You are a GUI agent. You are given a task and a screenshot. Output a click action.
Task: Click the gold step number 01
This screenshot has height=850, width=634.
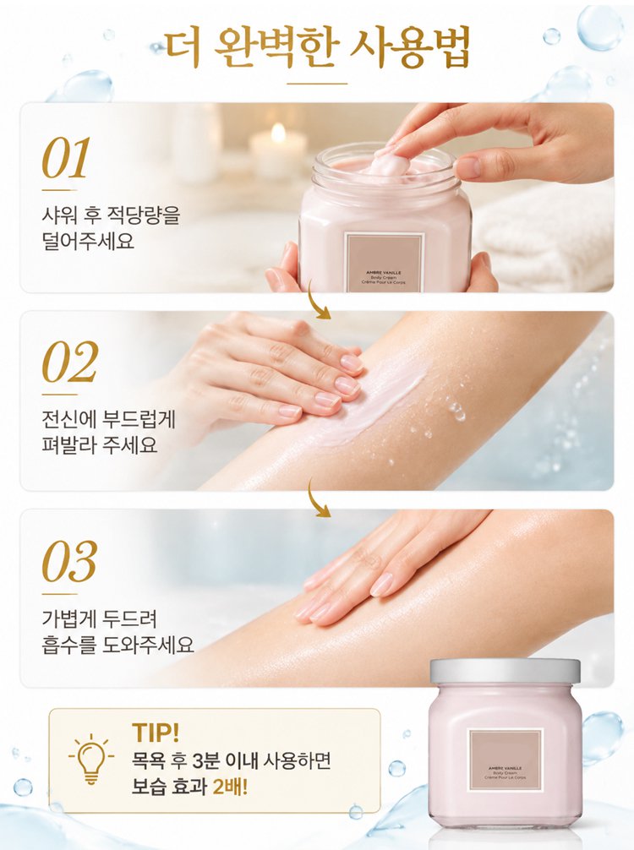pyautogui.click(x=66, y=158)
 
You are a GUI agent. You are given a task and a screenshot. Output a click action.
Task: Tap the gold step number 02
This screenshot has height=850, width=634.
pyautogui.click(x=69, y=362)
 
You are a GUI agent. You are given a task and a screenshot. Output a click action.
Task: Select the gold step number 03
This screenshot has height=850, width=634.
pyautogui.click(x=69, y=561)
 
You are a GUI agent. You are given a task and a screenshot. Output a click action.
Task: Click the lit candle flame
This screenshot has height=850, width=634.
pyautogui.click(x=278, y=133)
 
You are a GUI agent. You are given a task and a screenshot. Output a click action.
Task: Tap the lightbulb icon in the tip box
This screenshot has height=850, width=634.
pyautogui.click(x=91, y=759)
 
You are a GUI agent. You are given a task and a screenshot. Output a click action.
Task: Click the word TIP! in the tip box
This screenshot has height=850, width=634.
pyautogui.click(x=156, y=733)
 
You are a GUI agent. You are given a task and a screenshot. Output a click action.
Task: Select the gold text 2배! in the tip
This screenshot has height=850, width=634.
pyautogui.click(x=230, y=787)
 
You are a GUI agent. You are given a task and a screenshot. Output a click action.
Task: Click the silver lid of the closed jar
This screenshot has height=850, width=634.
pyautogui.click(x=505, y=671)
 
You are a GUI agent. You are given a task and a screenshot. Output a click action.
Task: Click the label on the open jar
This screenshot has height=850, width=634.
pyautogui.click(x=384, y=263)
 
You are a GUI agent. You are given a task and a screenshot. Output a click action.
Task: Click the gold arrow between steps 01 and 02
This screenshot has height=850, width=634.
pyautogui.click(x=318, y=300)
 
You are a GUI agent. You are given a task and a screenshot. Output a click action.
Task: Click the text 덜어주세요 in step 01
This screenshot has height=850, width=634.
pyautogui.click(x=88, y=241)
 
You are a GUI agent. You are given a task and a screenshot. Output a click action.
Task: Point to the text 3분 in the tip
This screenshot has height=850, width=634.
pyautogui.click(x=205, y=760)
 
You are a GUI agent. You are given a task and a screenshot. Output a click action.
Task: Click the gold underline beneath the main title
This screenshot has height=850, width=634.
pyautogui.click(x=317, y=84)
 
